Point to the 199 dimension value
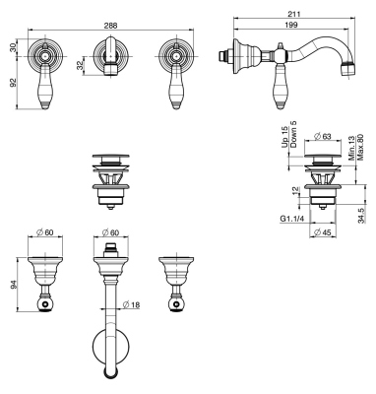[x=292, y=23]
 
